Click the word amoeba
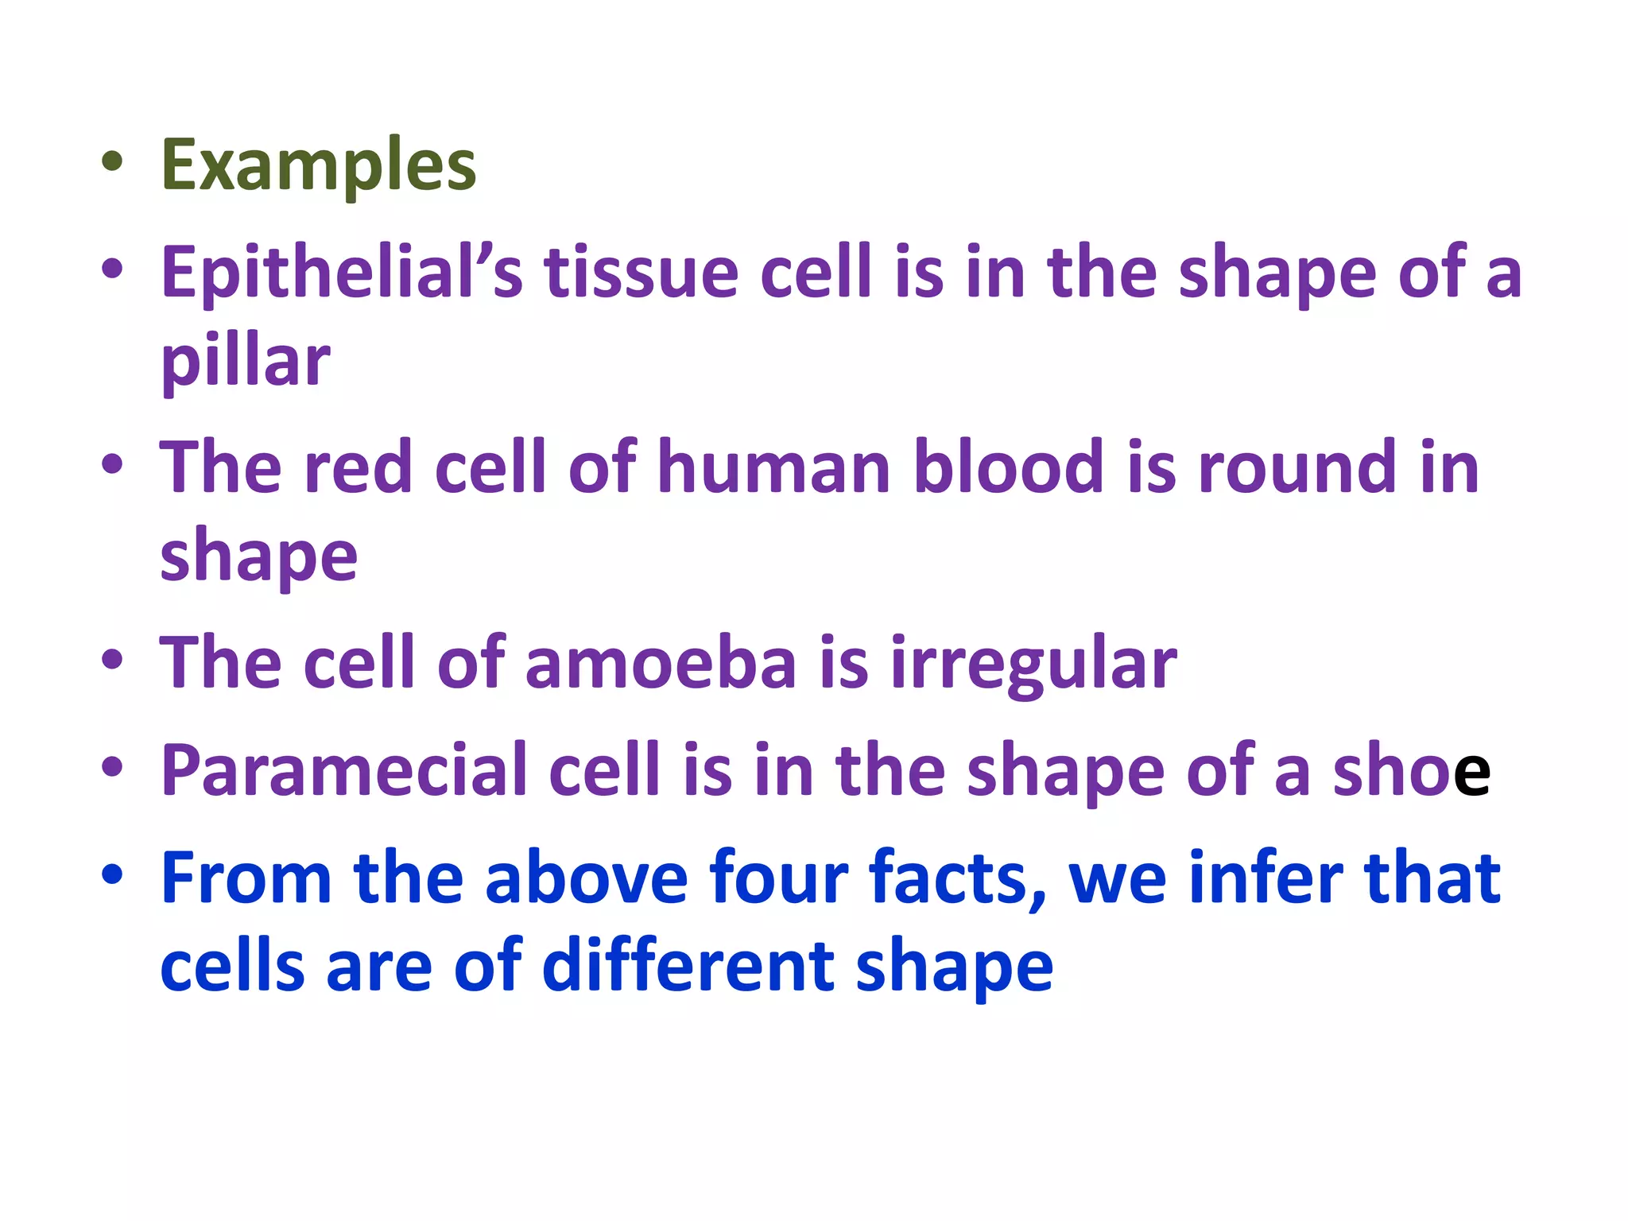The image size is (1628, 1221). (660, 663)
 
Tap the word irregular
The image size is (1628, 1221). (1033, 665)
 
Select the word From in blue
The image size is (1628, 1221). (246, 878)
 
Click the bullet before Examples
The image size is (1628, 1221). (112, 162)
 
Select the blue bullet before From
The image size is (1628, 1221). (112, 874)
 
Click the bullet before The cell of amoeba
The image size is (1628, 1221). (112, 660)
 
